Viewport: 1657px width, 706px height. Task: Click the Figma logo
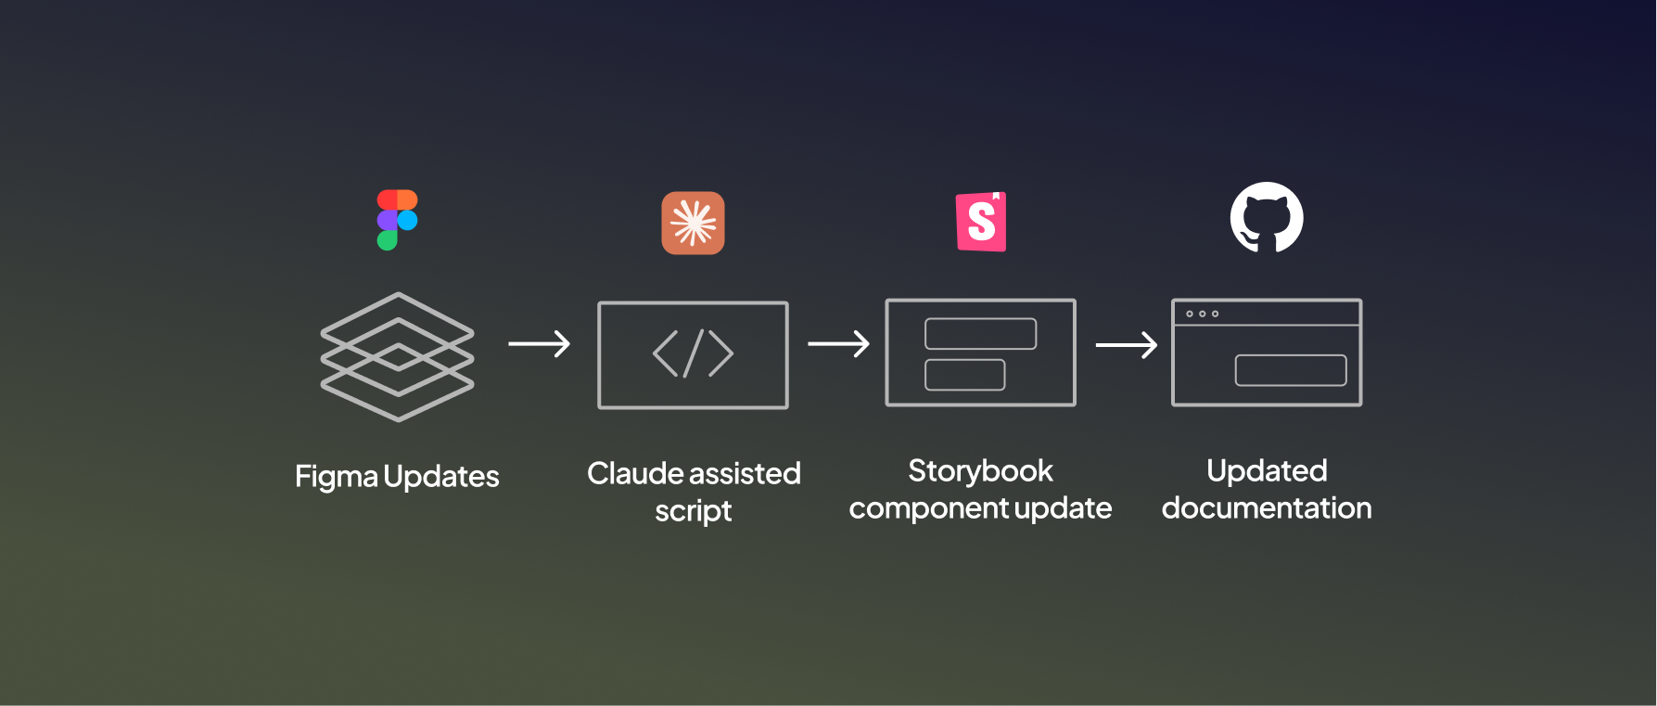click(x=397, y=220)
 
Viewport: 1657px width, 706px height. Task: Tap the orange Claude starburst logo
click(x=693, y=223)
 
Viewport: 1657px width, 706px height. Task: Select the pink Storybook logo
click(x=981, y=222)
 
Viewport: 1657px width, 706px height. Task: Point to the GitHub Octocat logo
click(x=1267, y=218)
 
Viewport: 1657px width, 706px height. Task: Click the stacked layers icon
click(x=397, y=356)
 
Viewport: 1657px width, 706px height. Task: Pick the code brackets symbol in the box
click(x=693, y=353)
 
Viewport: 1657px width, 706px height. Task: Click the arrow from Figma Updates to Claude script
click(x=539, y=344)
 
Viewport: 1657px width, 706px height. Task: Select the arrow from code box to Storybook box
click(x=838, y=344)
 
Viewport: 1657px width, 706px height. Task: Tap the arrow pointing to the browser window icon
click(x=1126, y=345)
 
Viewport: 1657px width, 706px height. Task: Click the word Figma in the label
click(x=337, y=477)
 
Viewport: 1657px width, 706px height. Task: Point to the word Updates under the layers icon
click(x=441, y=477)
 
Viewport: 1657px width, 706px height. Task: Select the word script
click(x=694, y=511)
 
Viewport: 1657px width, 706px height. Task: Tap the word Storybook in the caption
click(x=980, y=471)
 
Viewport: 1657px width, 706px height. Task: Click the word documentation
click(x=1267, y=508)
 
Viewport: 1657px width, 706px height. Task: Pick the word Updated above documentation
click(x=1267, y=471)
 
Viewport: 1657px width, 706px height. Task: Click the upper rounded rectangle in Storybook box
click(x=980, y=334)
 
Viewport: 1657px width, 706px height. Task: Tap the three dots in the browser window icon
click(x=1202, y=314)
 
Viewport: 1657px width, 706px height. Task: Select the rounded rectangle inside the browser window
click(x=1290, y=370)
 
